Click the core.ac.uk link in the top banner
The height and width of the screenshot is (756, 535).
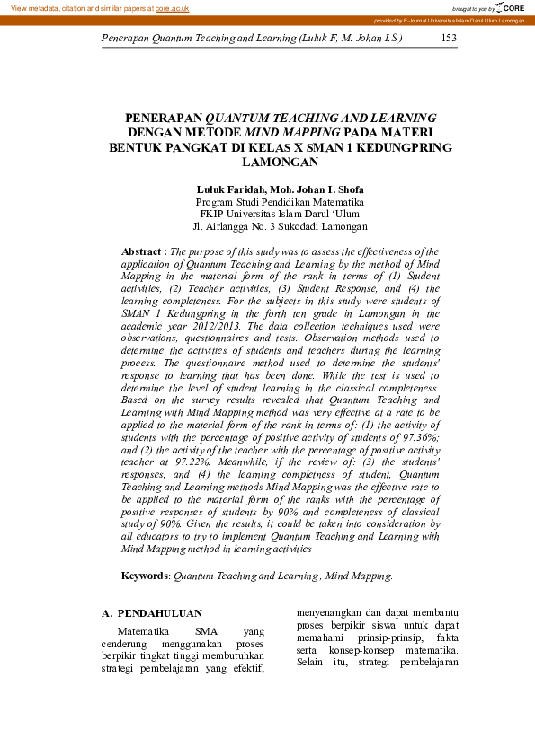(x=172, y=7)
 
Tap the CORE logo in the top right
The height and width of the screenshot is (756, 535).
(x=511, y=7)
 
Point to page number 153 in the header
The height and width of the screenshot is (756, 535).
(x=450, y=39)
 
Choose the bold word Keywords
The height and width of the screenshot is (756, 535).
(x=145, y=575)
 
